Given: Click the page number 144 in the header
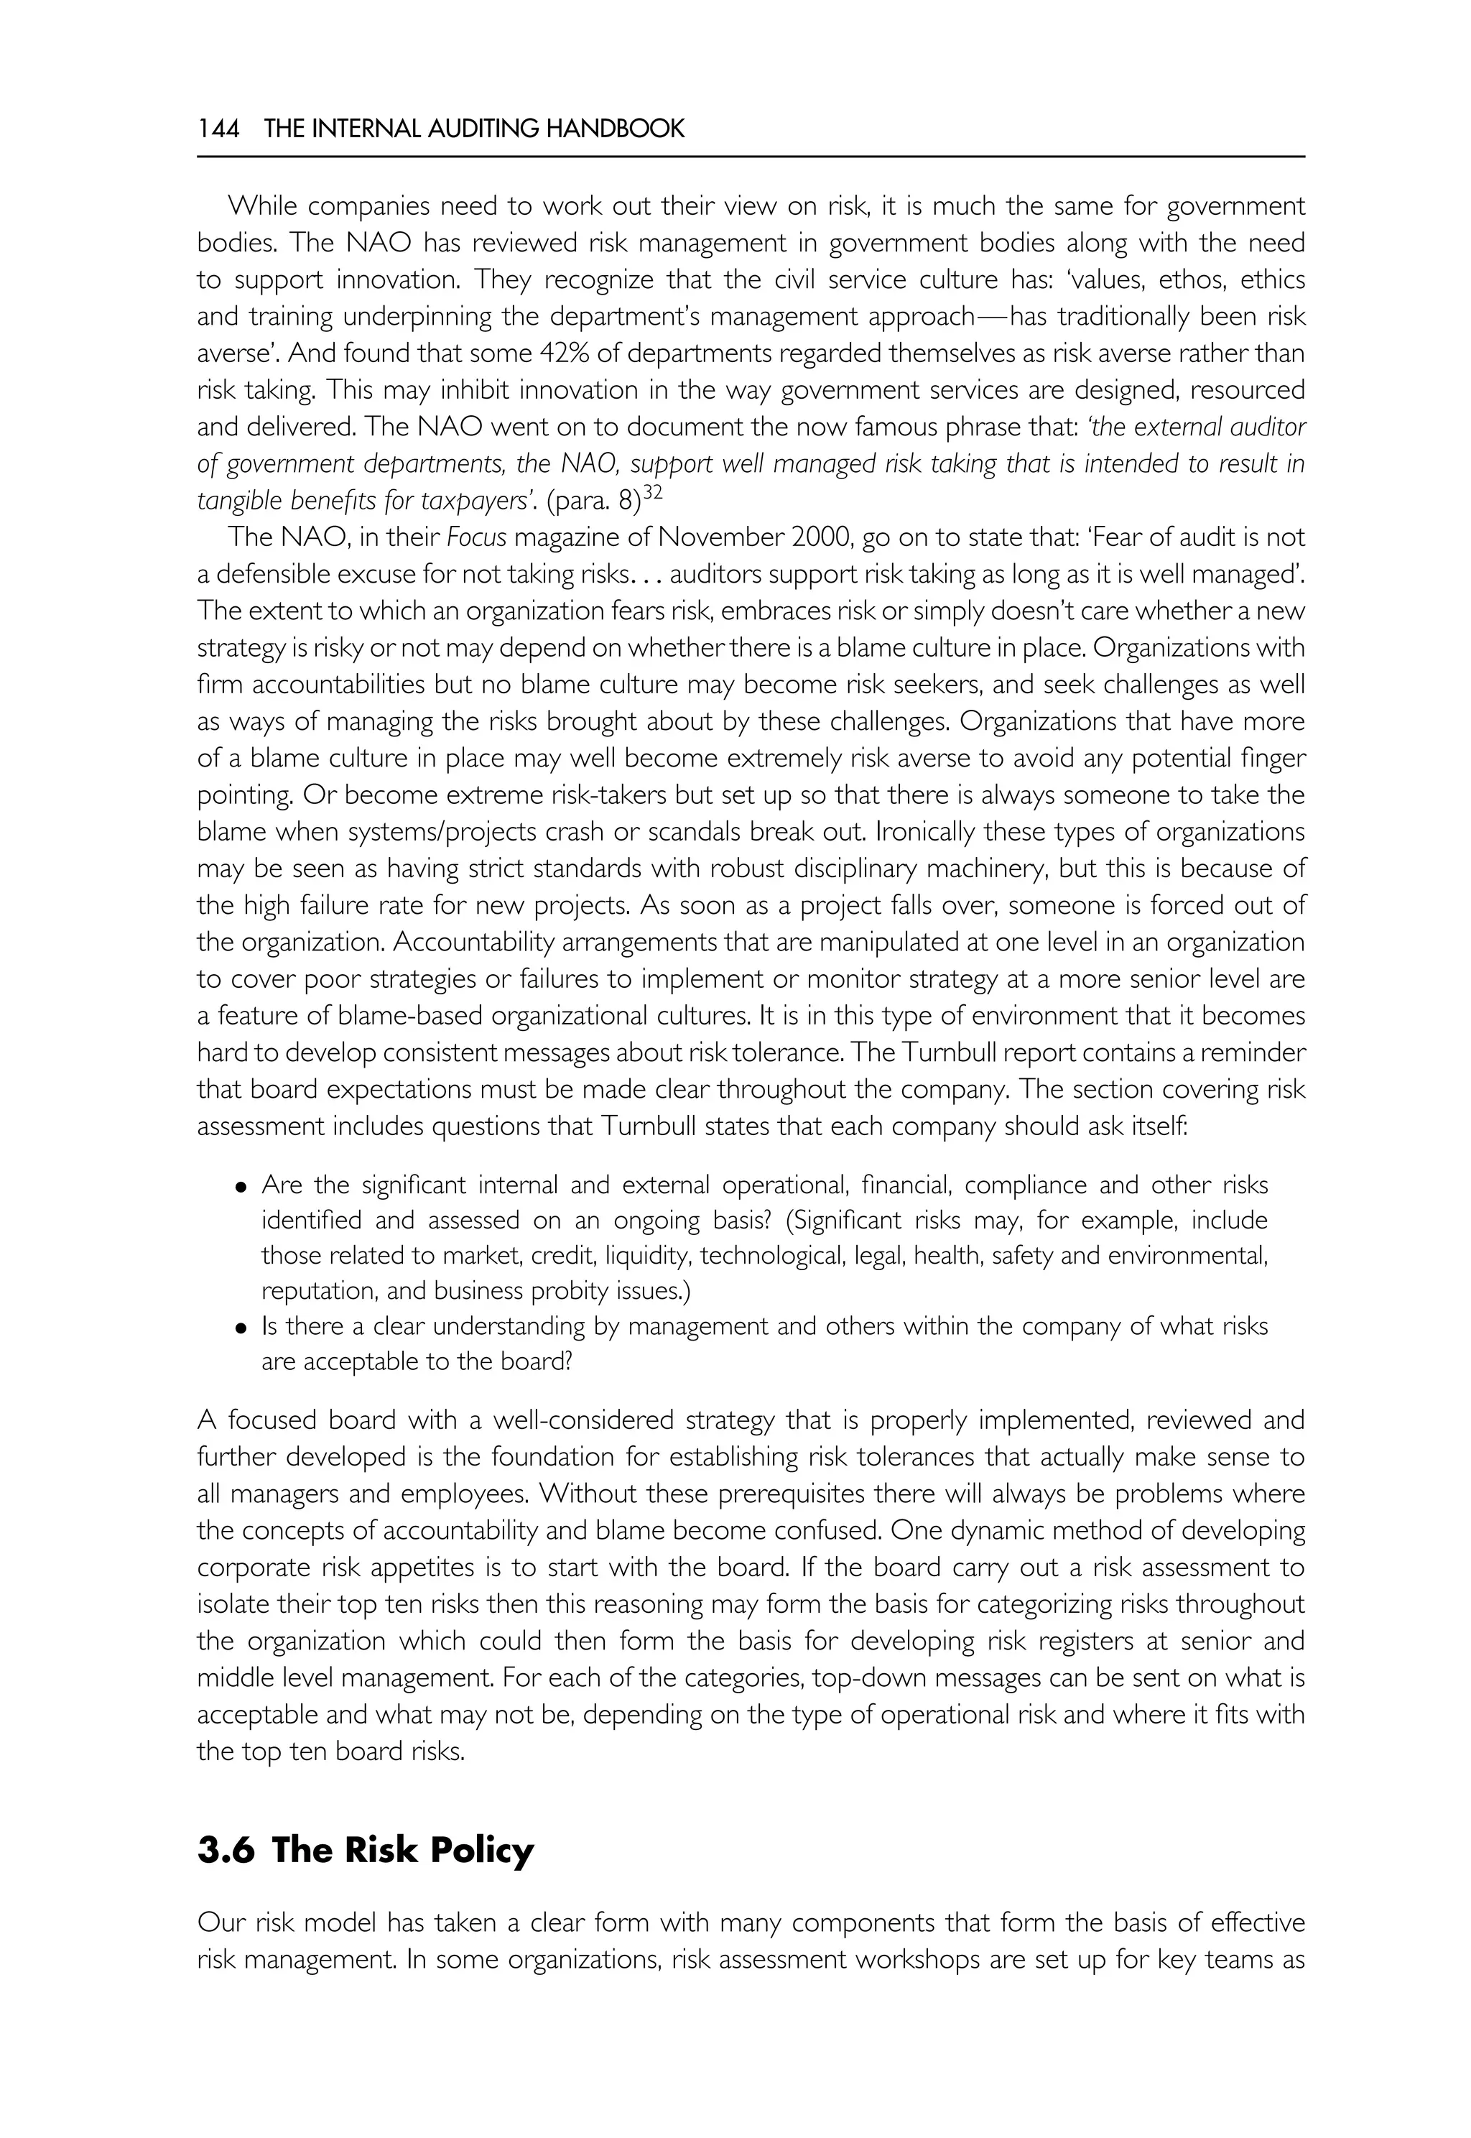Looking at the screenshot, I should click(x=218, y=129).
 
